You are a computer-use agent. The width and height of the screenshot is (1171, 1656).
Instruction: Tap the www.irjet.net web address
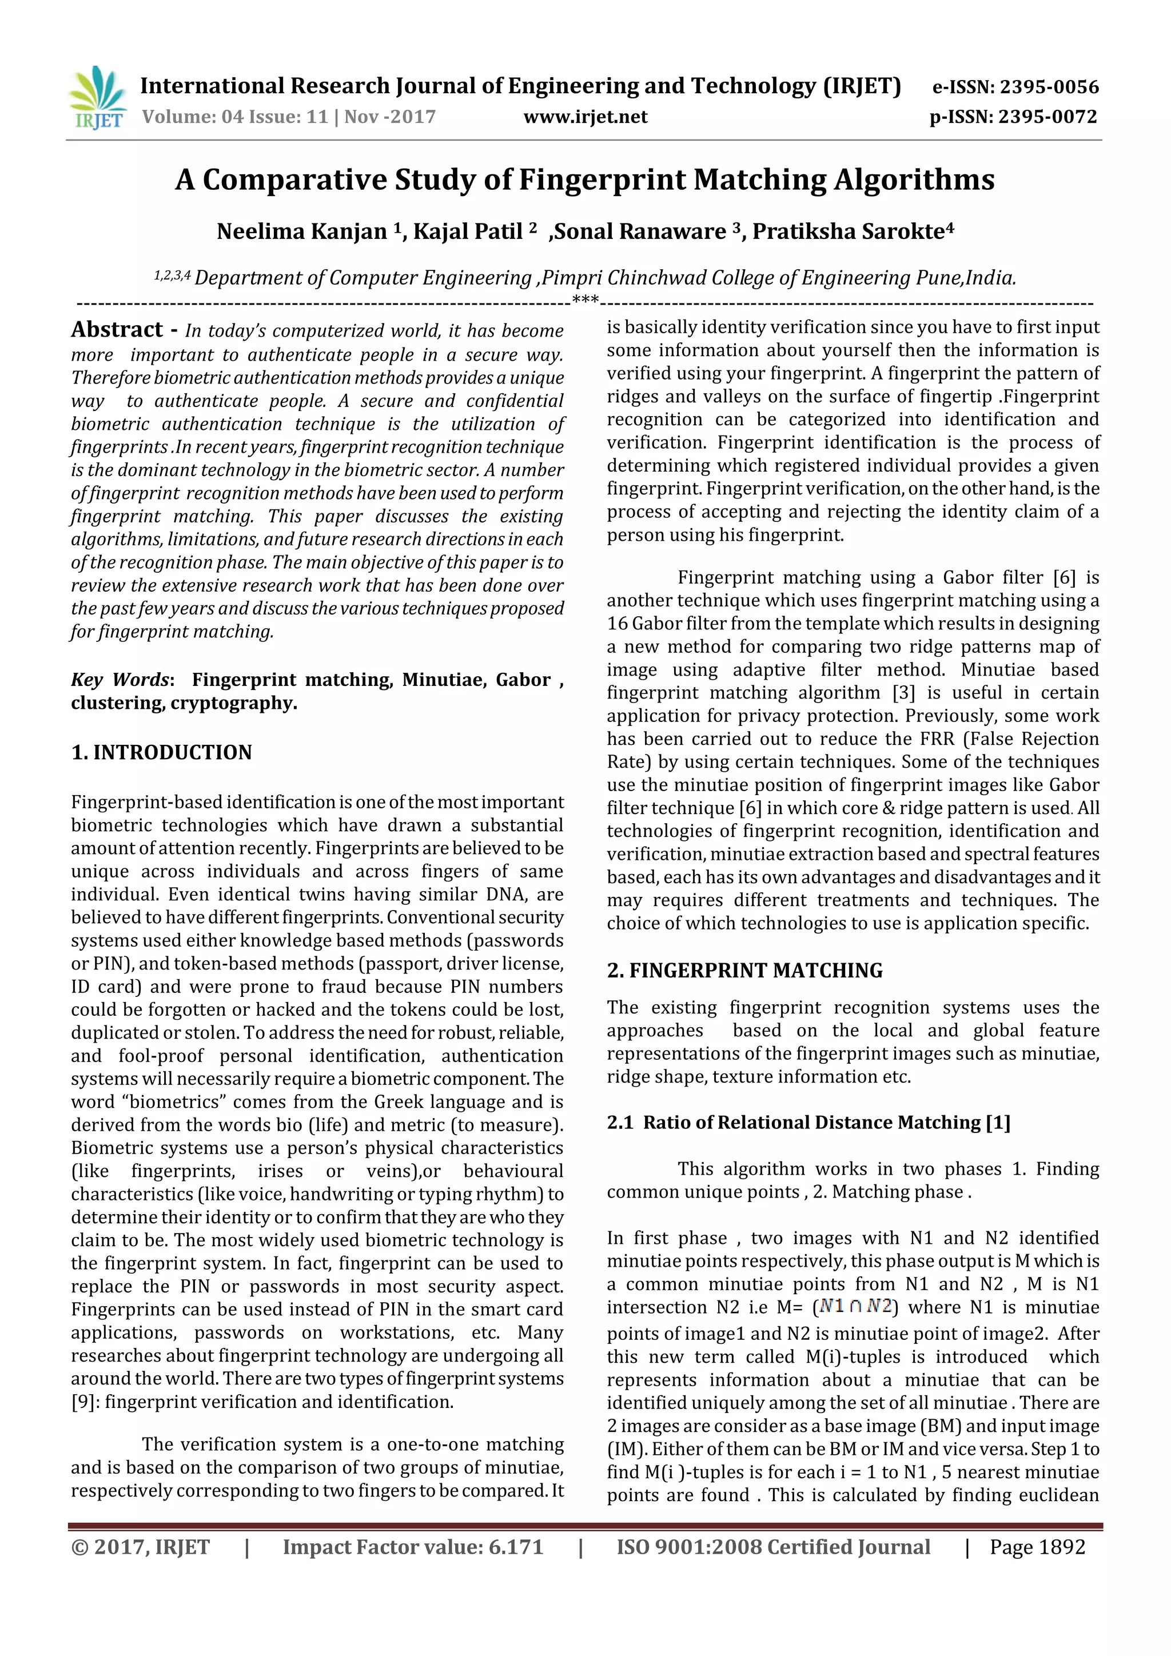pyautogui.click(x=585, y=117)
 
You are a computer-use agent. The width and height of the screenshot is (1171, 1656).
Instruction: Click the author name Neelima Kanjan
pyautogui.click(x=302, y=232)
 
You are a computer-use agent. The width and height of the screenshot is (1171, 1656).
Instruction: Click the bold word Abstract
pyautogui.click(x=117, y=330)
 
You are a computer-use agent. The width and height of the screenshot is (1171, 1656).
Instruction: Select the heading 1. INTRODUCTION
pyautogui.click(x=162, y=752)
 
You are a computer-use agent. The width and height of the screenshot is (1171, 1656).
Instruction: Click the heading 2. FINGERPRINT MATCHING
pyautogui.click(x=744, y=971)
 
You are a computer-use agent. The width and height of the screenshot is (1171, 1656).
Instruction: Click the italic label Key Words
pyautogui.click(x=120, y=680)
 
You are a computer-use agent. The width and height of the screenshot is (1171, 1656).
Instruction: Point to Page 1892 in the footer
pyautogui.click(x=1037, y=1547)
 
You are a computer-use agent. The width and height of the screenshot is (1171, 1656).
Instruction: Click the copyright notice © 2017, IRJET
pyautogui.click(x=141, y=1547)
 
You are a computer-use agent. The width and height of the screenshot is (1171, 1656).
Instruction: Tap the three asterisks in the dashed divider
pyautogui.click(x=584, y=301)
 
